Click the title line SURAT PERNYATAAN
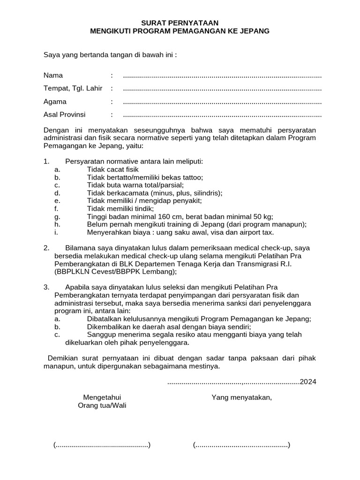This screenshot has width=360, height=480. tap(180, 23)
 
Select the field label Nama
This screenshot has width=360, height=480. tap(53, 75)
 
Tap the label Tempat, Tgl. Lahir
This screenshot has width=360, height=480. tap(73, 89)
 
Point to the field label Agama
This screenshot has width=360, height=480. tap(55, 102)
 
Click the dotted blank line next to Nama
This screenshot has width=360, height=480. tap(222, 76)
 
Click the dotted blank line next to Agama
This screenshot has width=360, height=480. tap(222, 102)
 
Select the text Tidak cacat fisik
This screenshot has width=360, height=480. tap(113, 169)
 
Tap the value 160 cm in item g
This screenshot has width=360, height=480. tap(174, 217)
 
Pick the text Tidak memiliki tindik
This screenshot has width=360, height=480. tap(120, 209)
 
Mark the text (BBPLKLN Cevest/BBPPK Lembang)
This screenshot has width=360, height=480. tap(116, 271)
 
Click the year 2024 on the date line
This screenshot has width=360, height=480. tap(308, 382)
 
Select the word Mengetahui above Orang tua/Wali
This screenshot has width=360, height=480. tap(102, 397)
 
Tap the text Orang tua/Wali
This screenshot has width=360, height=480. tap(102, 405)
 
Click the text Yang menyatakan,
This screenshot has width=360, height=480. tap(242, 397)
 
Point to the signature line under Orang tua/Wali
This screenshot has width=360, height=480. tap(102, 445)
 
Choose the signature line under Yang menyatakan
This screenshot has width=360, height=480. tap(241, 445)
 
